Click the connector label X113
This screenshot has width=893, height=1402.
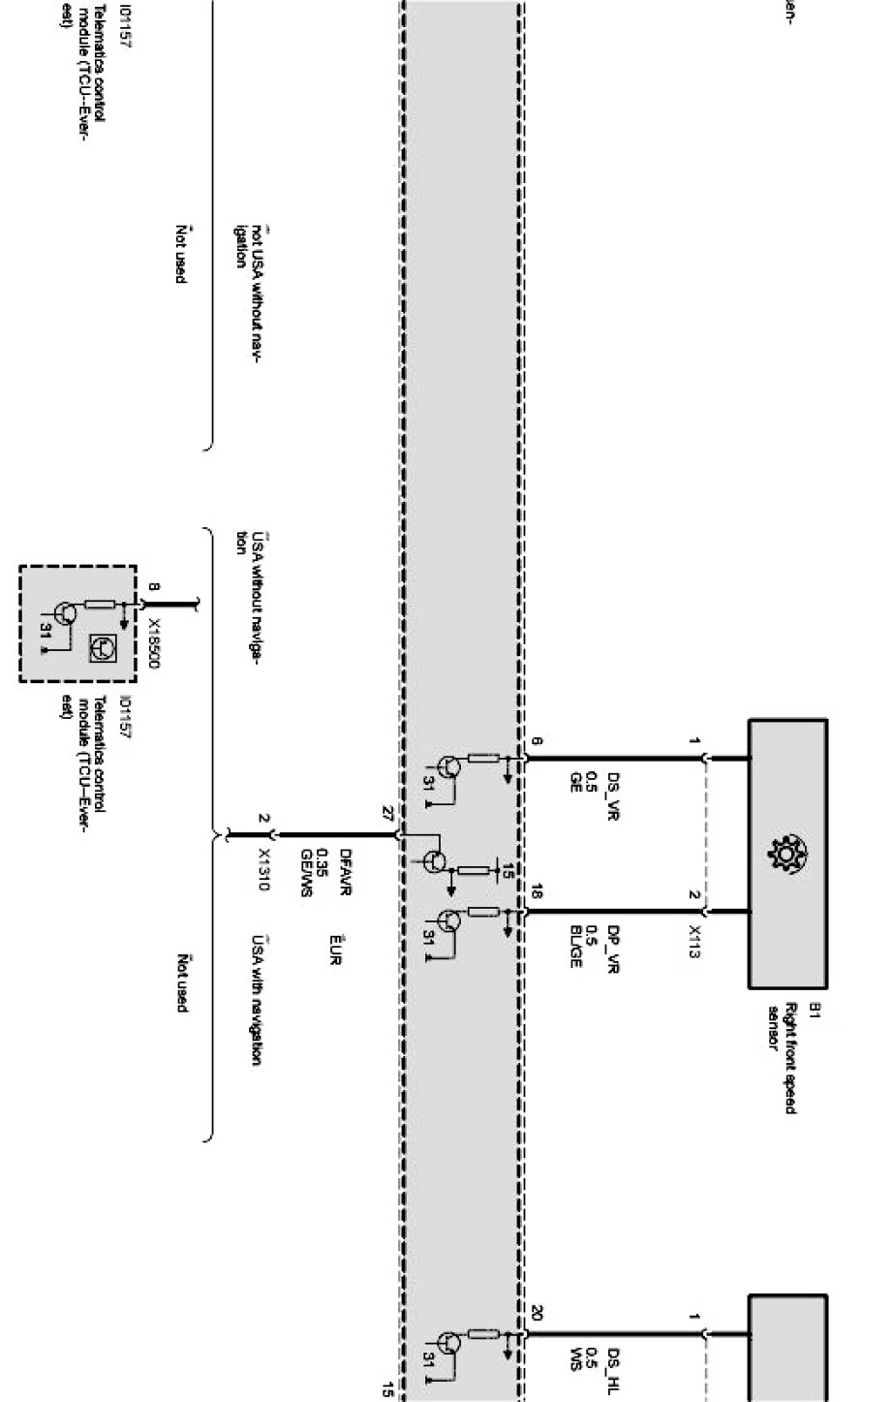pyautogui.click(x=693, y=941)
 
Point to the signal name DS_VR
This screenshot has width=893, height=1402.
pyautogui.click(x=613, y=795)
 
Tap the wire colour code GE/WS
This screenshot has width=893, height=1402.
pyautogui.click(x=306, y=873)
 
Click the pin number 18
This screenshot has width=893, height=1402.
pyautogui.click(x=537, y=892)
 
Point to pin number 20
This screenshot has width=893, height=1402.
pyautogui.click(x=537, y=1314)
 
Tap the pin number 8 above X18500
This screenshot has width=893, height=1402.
pyautogui.click(x=153, y=587)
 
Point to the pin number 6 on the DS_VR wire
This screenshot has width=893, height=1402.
pyautogui.click(x=537, y=743)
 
